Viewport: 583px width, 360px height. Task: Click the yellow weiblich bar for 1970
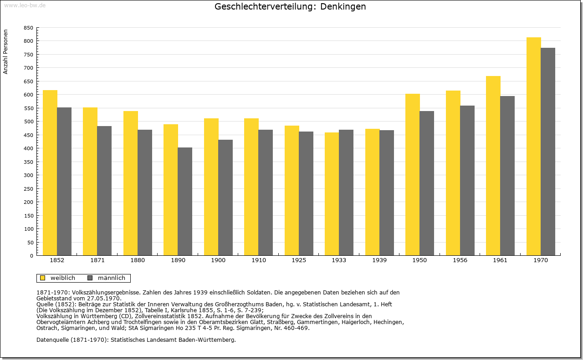(x=533, y=147)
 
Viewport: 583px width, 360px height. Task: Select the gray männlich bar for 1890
(x=185, y=202)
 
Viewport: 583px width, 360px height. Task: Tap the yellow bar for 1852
(x=50, y=172)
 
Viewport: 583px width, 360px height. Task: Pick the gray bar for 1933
(x=346, y=193)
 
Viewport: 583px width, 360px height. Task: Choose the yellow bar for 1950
(x=413, y=174)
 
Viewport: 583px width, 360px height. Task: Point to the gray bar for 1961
(x=507, y=176)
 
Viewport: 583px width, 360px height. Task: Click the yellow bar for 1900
(x=211, y=187)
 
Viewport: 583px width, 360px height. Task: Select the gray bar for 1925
(x=306, y=193)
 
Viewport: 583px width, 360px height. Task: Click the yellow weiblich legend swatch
(x=43, y=278)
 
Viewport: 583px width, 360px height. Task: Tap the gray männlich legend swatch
(x=90, y=278)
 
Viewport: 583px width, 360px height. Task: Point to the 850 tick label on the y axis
(x=28, y=28)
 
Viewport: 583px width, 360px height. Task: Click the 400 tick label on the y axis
(x=28, y=148)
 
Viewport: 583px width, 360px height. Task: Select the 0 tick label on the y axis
(x=31, y=256)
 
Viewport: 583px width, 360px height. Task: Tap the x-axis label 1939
(x=379, y=260)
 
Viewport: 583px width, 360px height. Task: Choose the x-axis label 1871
(x=97, y=260)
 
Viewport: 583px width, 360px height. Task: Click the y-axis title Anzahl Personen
(x=5, y=51)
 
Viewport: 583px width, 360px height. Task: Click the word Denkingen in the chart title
(x=343, y=6)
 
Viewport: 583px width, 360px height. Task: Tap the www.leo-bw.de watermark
(x=25, y=5)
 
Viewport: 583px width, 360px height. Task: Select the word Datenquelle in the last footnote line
(x=52, y=340)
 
